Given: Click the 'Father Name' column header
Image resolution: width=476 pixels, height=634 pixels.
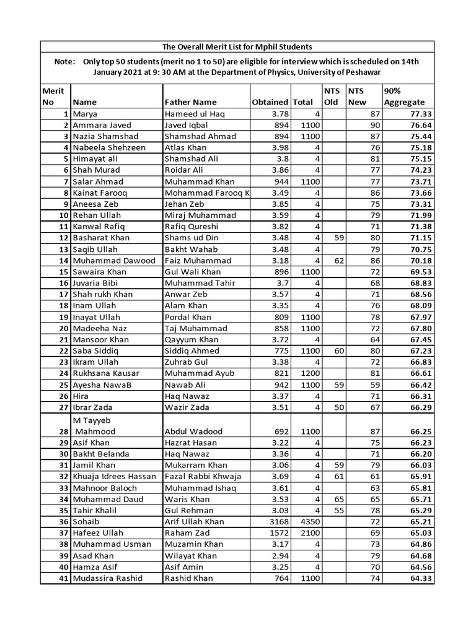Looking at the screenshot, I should [x=190, y=102].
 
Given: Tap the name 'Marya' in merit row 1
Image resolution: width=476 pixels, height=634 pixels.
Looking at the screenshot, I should [x=86, y=114].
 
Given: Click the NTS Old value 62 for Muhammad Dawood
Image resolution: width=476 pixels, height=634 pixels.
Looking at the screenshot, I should [x=338, y=261].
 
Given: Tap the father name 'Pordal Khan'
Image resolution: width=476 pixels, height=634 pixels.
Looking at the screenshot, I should [x=188, y=317].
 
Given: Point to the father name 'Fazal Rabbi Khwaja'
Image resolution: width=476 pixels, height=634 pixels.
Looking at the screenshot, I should [x=203, y=476].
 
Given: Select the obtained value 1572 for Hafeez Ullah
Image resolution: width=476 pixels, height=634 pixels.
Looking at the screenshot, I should [x=276, y=532].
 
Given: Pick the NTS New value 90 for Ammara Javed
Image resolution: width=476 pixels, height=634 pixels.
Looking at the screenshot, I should [x=374, y=125].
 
